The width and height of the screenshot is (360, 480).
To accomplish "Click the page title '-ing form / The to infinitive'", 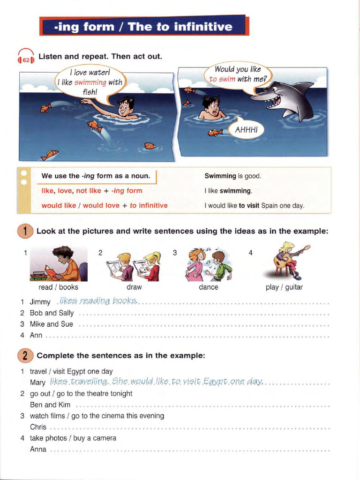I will click(x=143, y=27).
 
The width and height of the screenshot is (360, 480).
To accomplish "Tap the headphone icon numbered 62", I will click(x=26, y=58).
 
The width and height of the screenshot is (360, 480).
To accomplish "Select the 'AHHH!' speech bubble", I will click(x=246, y=129).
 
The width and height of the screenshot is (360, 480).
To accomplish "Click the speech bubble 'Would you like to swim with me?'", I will click(x=237, y=75).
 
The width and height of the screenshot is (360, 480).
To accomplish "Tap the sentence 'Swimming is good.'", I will click(x=233, y=176).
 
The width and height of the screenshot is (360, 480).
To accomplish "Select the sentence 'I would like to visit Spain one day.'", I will click(x=255, y=205).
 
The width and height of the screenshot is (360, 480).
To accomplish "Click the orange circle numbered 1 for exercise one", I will click(x=25, y=231).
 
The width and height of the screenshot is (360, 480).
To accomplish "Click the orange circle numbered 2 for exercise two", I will click(x=25, y=355).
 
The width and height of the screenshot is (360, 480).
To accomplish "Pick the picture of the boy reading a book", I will click(x=59, y=264).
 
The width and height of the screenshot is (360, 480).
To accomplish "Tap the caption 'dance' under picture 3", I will click(x=208, y=287).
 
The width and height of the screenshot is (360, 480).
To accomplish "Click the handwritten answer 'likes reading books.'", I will click(x=96, y=300).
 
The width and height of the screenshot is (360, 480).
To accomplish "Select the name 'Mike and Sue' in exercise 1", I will click(x=52, y=324).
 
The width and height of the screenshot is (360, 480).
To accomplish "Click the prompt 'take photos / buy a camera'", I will click(x=73, y=438).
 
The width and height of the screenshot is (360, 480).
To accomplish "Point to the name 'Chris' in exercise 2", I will click(x=38, y=427).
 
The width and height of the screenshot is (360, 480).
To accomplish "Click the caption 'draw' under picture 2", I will click(x=134, y=287).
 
